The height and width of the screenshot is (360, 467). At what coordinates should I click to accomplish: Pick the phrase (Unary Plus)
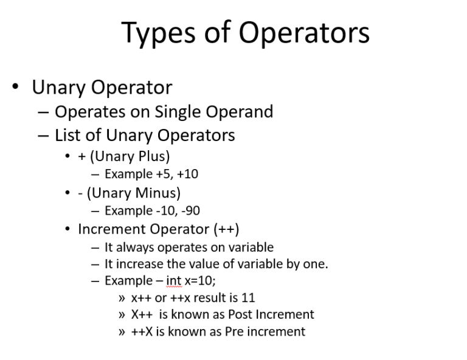click(130, 156)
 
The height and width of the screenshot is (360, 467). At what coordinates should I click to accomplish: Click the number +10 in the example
click(187, 175)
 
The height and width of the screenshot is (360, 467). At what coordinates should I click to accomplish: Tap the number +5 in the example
click(164, 175)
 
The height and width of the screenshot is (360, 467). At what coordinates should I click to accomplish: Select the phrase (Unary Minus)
click(134, 193)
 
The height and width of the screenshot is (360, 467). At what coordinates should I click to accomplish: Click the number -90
click(189, 211)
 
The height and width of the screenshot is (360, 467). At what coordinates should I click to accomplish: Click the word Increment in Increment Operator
click(109, 229)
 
